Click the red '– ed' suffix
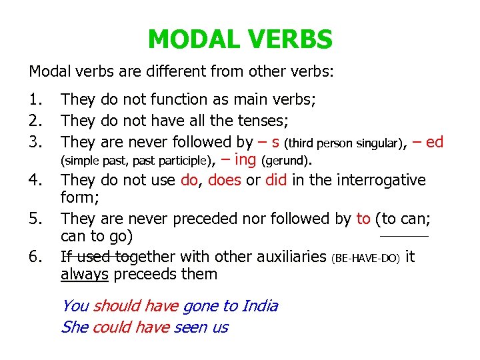(x=428, y=141)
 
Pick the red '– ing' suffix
(x=239, y=159)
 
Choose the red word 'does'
(x=224, y=180)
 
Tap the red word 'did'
(x=275, y=180)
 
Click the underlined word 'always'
(x=84, y=274)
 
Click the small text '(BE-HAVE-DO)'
(x=365, y=257)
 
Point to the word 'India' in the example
(x=259, y=306)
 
